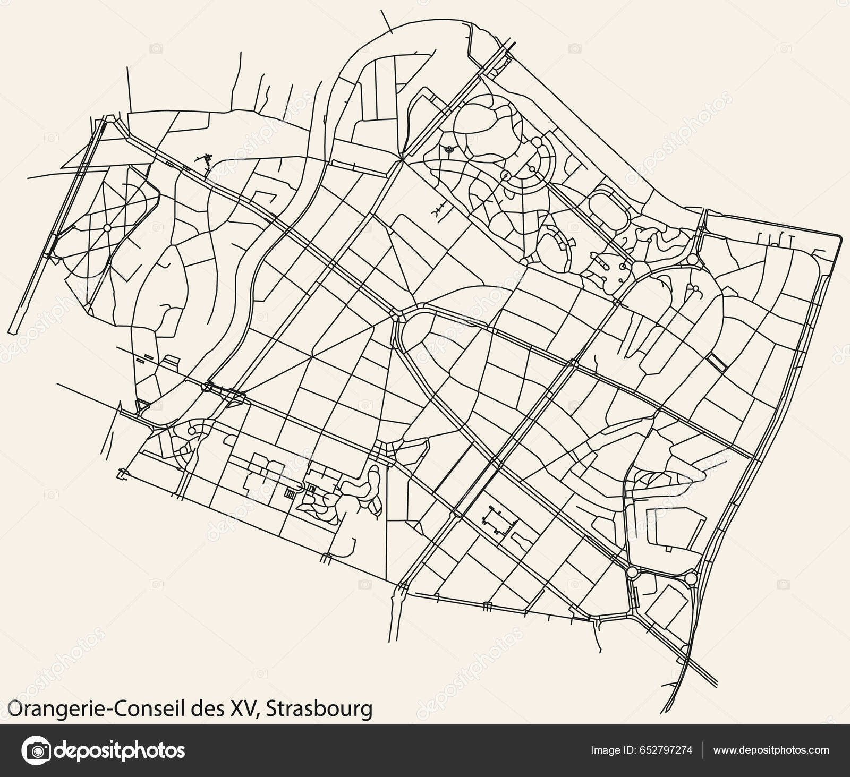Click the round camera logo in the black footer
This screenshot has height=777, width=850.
click(39, 750)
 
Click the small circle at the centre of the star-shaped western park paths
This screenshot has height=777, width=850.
click(107, 228)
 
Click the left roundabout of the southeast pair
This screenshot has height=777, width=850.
click(632, 573)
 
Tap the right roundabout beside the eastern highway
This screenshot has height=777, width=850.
click(690, 578)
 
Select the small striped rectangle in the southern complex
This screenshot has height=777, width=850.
click(290, 493)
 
